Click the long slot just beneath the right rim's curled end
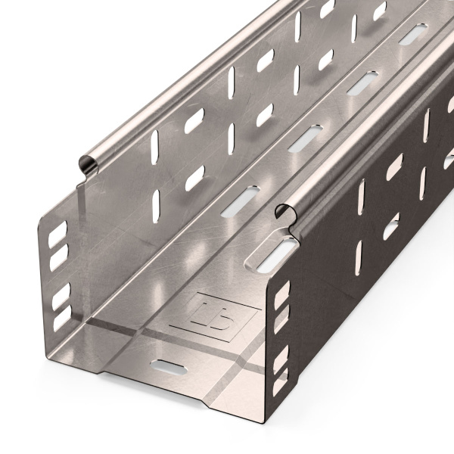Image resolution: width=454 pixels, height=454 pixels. click(x=274, y=254)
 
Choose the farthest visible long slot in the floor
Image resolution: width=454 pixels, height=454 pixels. click(x=412, y=34)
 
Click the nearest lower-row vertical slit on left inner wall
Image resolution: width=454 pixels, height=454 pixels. click(x=156, y=202)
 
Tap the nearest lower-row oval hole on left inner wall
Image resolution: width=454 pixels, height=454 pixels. click(x=194, y=177)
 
